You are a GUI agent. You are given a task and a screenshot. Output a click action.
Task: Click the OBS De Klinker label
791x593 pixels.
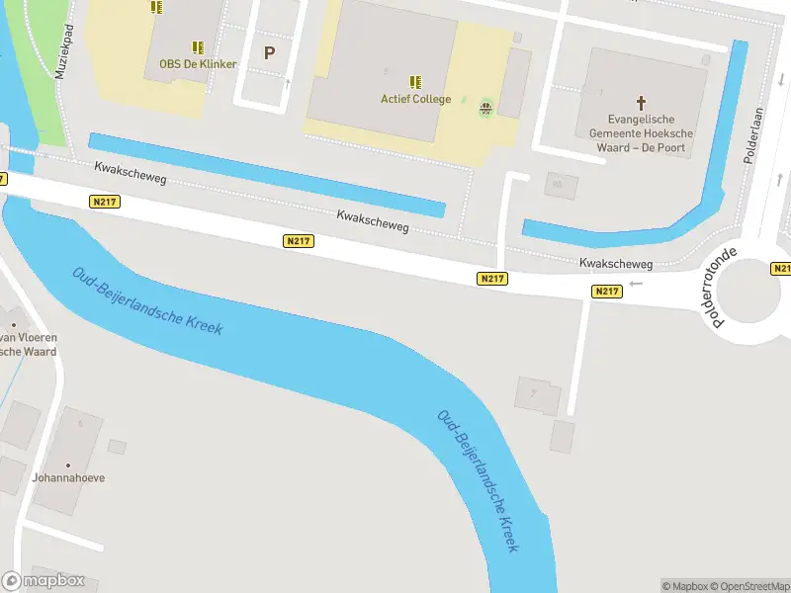click(x=198, y=64)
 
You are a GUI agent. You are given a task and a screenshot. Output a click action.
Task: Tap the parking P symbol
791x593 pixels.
click(x=268, y=53)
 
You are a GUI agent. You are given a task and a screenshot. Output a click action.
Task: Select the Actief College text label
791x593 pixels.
click(x=415, y=99)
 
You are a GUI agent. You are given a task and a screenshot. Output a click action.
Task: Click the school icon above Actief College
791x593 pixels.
click(x=415, y=81)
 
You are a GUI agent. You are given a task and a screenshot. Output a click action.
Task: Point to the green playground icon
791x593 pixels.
click(x=485, y=108)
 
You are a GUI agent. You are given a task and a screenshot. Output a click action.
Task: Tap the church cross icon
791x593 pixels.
click(x=641, y=102)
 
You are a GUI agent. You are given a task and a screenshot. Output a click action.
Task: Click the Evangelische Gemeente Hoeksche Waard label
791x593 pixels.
click(x=641, y=133)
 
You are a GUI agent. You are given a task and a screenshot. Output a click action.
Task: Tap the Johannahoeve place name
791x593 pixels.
click(x=68, y=478)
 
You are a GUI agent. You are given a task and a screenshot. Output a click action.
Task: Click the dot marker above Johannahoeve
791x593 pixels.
click(x=68, y=465)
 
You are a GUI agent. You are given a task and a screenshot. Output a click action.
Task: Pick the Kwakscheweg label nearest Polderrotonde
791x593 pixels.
click(x=616, y=264)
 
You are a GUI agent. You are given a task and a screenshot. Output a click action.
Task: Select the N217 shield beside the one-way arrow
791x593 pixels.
click(x=607, y=292)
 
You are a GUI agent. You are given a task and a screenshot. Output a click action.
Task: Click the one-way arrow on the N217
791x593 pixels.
click(x=636, y=284)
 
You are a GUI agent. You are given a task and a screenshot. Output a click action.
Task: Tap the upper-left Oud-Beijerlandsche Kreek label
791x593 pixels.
click(x=147, y=300)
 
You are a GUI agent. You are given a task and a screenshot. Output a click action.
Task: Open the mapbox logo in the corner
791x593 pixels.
click(x=44, y=581)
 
